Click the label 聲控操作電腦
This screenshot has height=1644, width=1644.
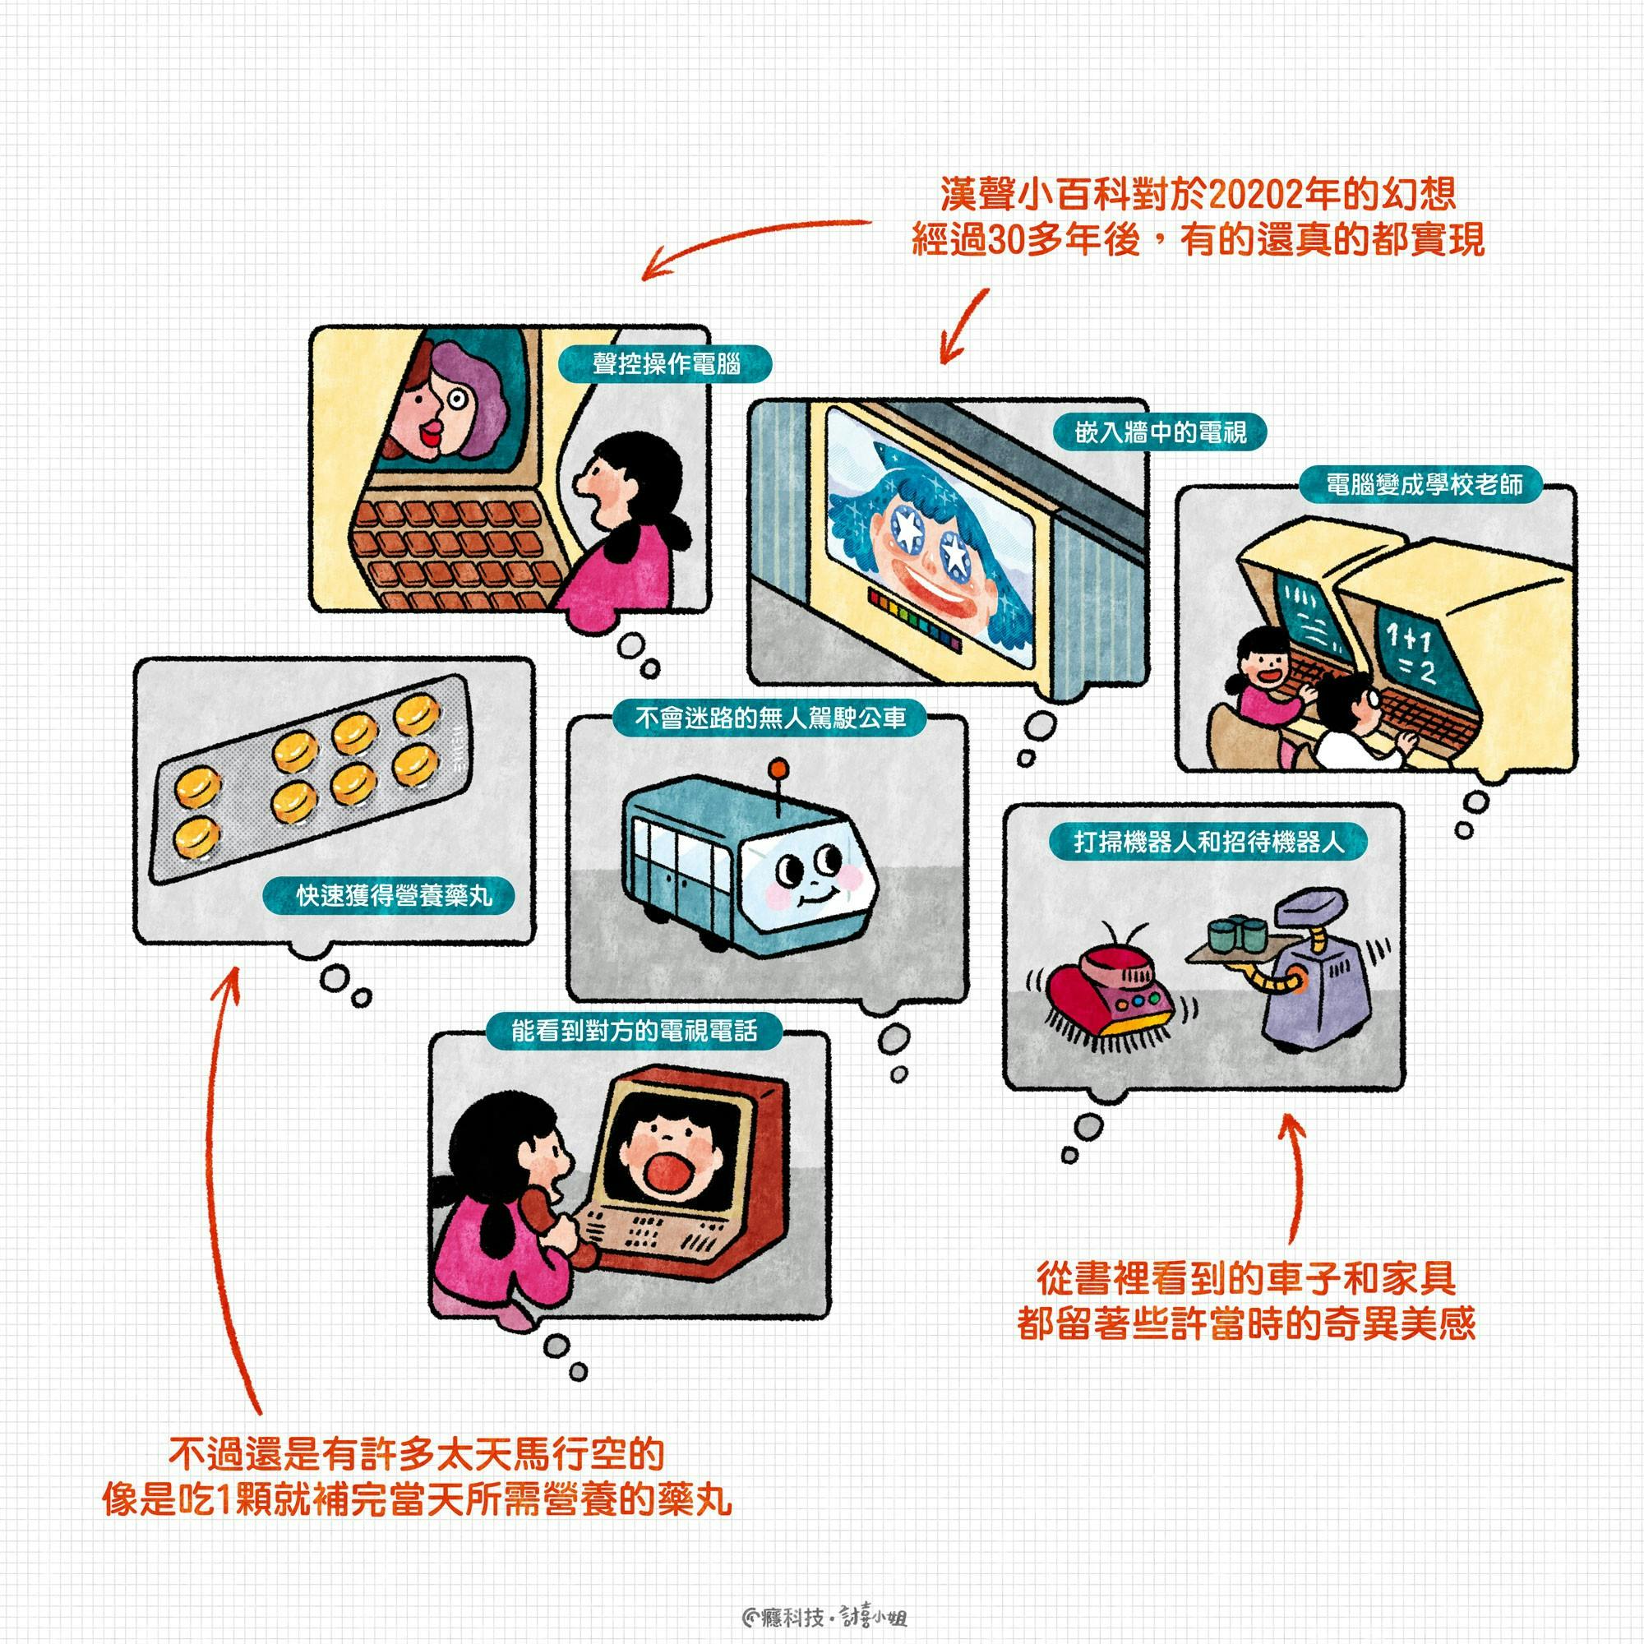(x=666, y=363)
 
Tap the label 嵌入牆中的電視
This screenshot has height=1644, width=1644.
(x=1161, y=432)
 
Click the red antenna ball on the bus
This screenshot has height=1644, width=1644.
(x=775, y=769)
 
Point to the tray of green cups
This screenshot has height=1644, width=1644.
(x=1226, y=942)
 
